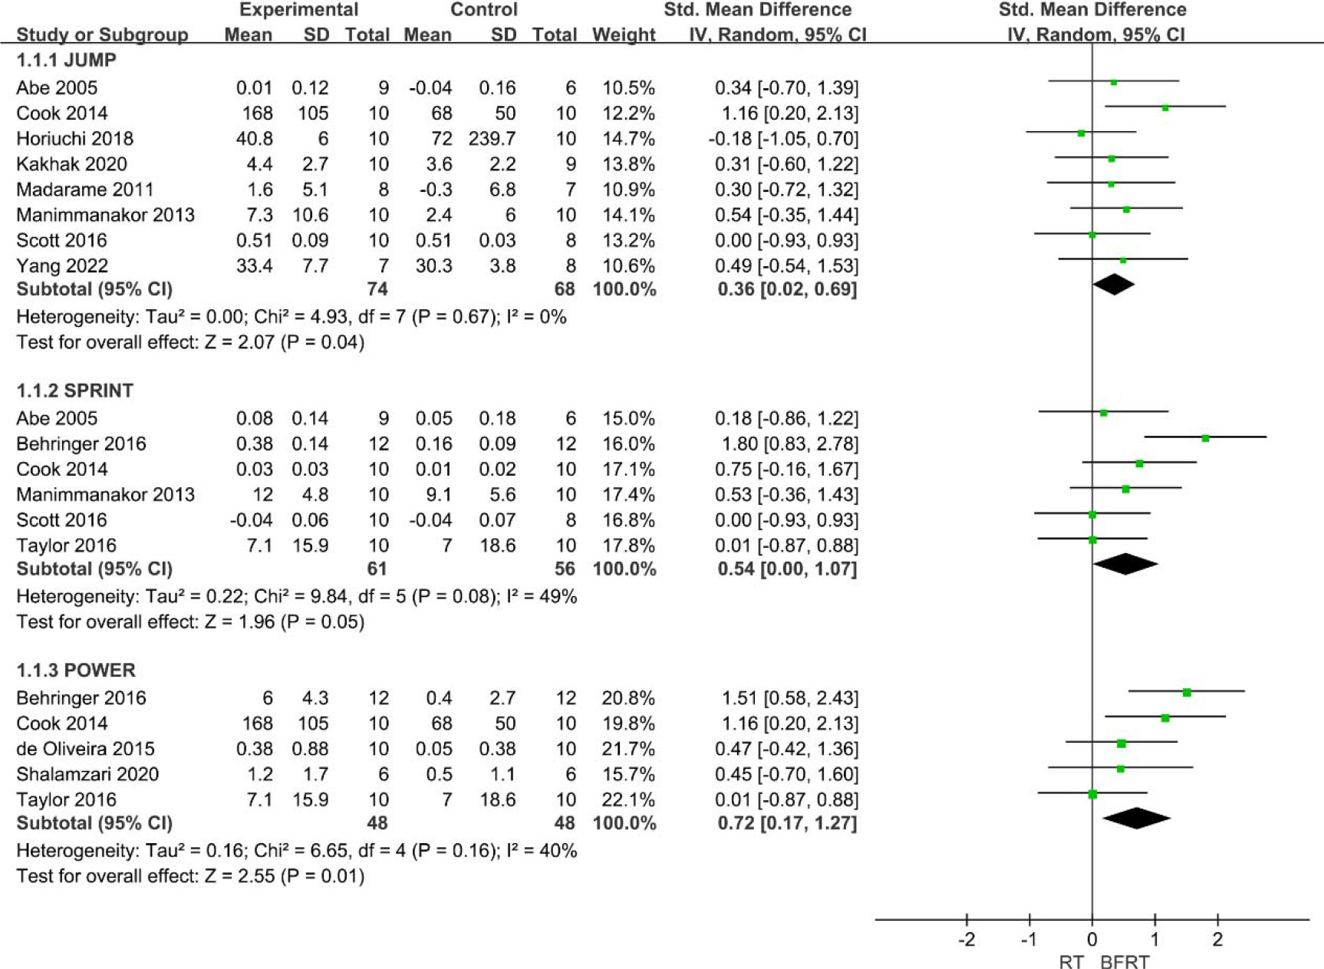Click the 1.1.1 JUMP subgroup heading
coord(66,60)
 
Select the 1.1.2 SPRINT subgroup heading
coord(74,391)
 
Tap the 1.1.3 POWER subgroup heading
coord(76,670)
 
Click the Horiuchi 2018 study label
coord(74,139)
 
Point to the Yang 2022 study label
coord(61,266)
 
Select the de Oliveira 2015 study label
coord(85,749)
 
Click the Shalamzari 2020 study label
coord(87,774)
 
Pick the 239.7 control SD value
coord(492,139)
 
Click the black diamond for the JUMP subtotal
coord(1114,285)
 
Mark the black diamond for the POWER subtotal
coord(1137,819)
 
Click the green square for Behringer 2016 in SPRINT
coord(1205,438)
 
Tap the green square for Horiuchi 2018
coord(1081,133)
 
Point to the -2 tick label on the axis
coord(967,940)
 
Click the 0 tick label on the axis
coord(1092,940)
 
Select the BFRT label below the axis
coord(1125,962)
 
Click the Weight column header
coord(624,35)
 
